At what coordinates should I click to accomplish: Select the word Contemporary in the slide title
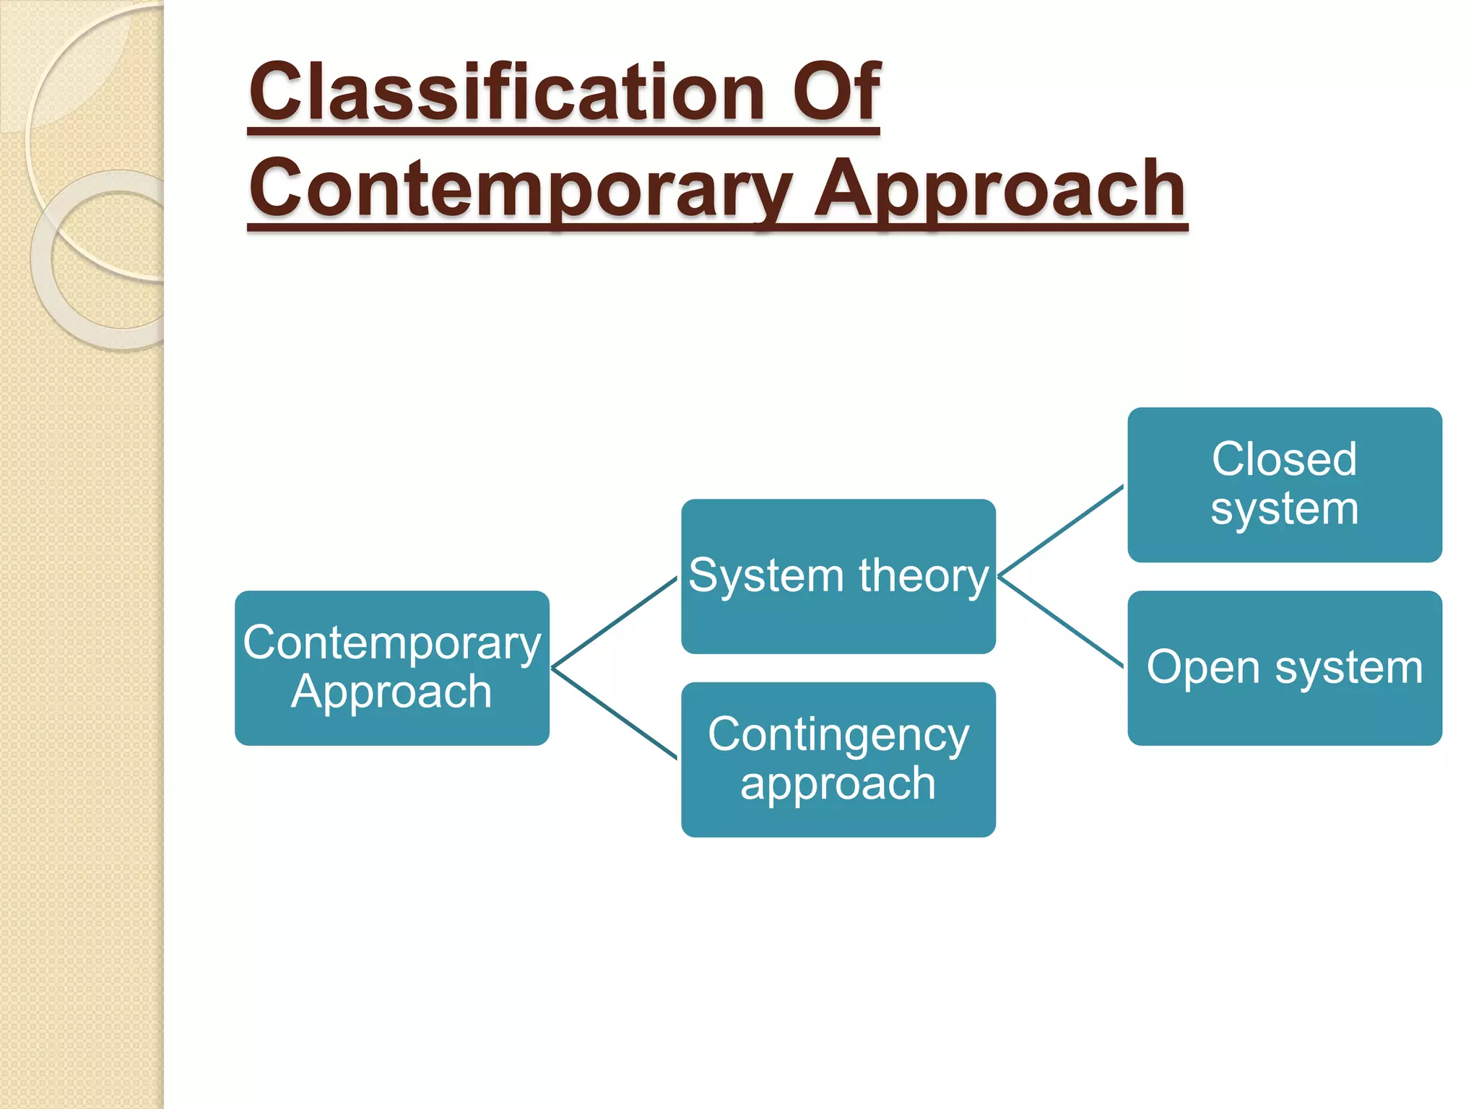click(520, 189)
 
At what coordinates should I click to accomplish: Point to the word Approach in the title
click(1000, 189)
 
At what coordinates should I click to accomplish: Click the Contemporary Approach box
click(391, 668)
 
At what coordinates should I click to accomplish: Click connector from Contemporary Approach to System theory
click(614, 622)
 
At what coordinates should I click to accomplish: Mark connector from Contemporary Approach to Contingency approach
click(614, 713)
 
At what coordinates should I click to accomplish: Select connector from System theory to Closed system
click(1060, 531)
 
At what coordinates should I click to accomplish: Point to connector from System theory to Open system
click(1060, 621)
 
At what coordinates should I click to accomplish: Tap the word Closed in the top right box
click(1284, 459)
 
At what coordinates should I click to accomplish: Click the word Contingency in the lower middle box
click(838, 735)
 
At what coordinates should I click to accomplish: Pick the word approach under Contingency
click(838, 784)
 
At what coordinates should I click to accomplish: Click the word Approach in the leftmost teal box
click(391, 692)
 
